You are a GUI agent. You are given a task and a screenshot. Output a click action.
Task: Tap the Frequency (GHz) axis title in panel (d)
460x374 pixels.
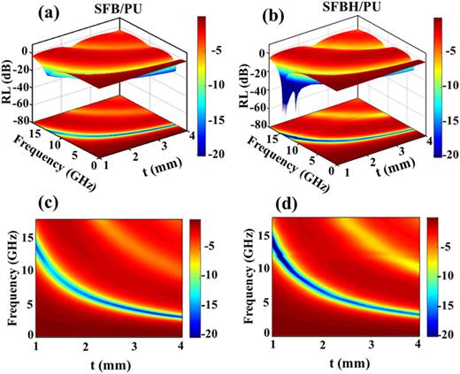(240, 273)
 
